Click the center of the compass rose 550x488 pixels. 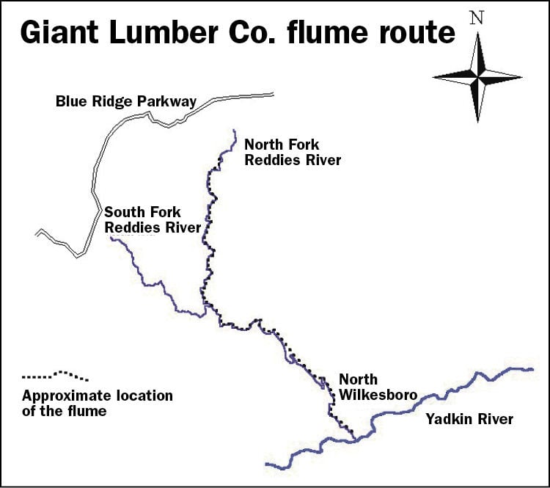477,76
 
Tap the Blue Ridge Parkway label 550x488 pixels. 126,101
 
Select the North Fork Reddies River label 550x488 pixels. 293,152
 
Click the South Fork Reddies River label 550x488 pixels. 153,219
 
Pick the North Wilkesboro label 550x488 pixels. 378,387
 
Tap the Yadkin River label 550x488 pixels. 469,420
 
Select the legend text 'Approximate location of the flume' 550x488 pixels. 98,404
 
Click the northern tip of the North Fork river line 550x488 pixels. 234,131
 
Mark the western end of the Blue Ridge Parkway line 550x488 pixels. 37,233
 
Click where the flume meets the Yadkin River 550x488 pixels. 355,440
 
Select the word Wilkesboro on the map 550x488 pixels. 378,395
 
